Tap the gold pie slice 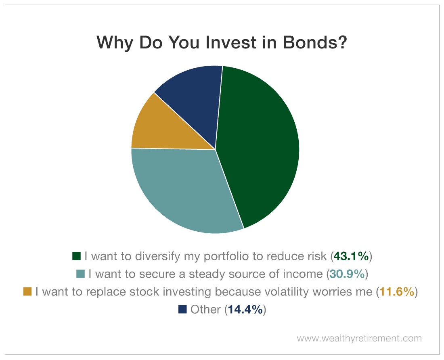[167, 128]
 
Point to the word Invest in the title [231, 42]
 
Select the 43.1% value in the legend [351, 256]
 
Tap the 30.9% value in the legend [347, 274]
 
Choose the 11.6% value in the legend [397, 292]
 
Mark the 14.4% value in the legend [245, 310]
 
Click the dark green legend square [76, 256]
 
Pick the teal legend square [80, 274]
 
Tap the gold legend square [27, 291]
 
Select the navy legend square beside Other [182, 309]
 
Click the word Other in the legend [205, 310]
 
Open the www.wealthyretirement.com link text [359, 339]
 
